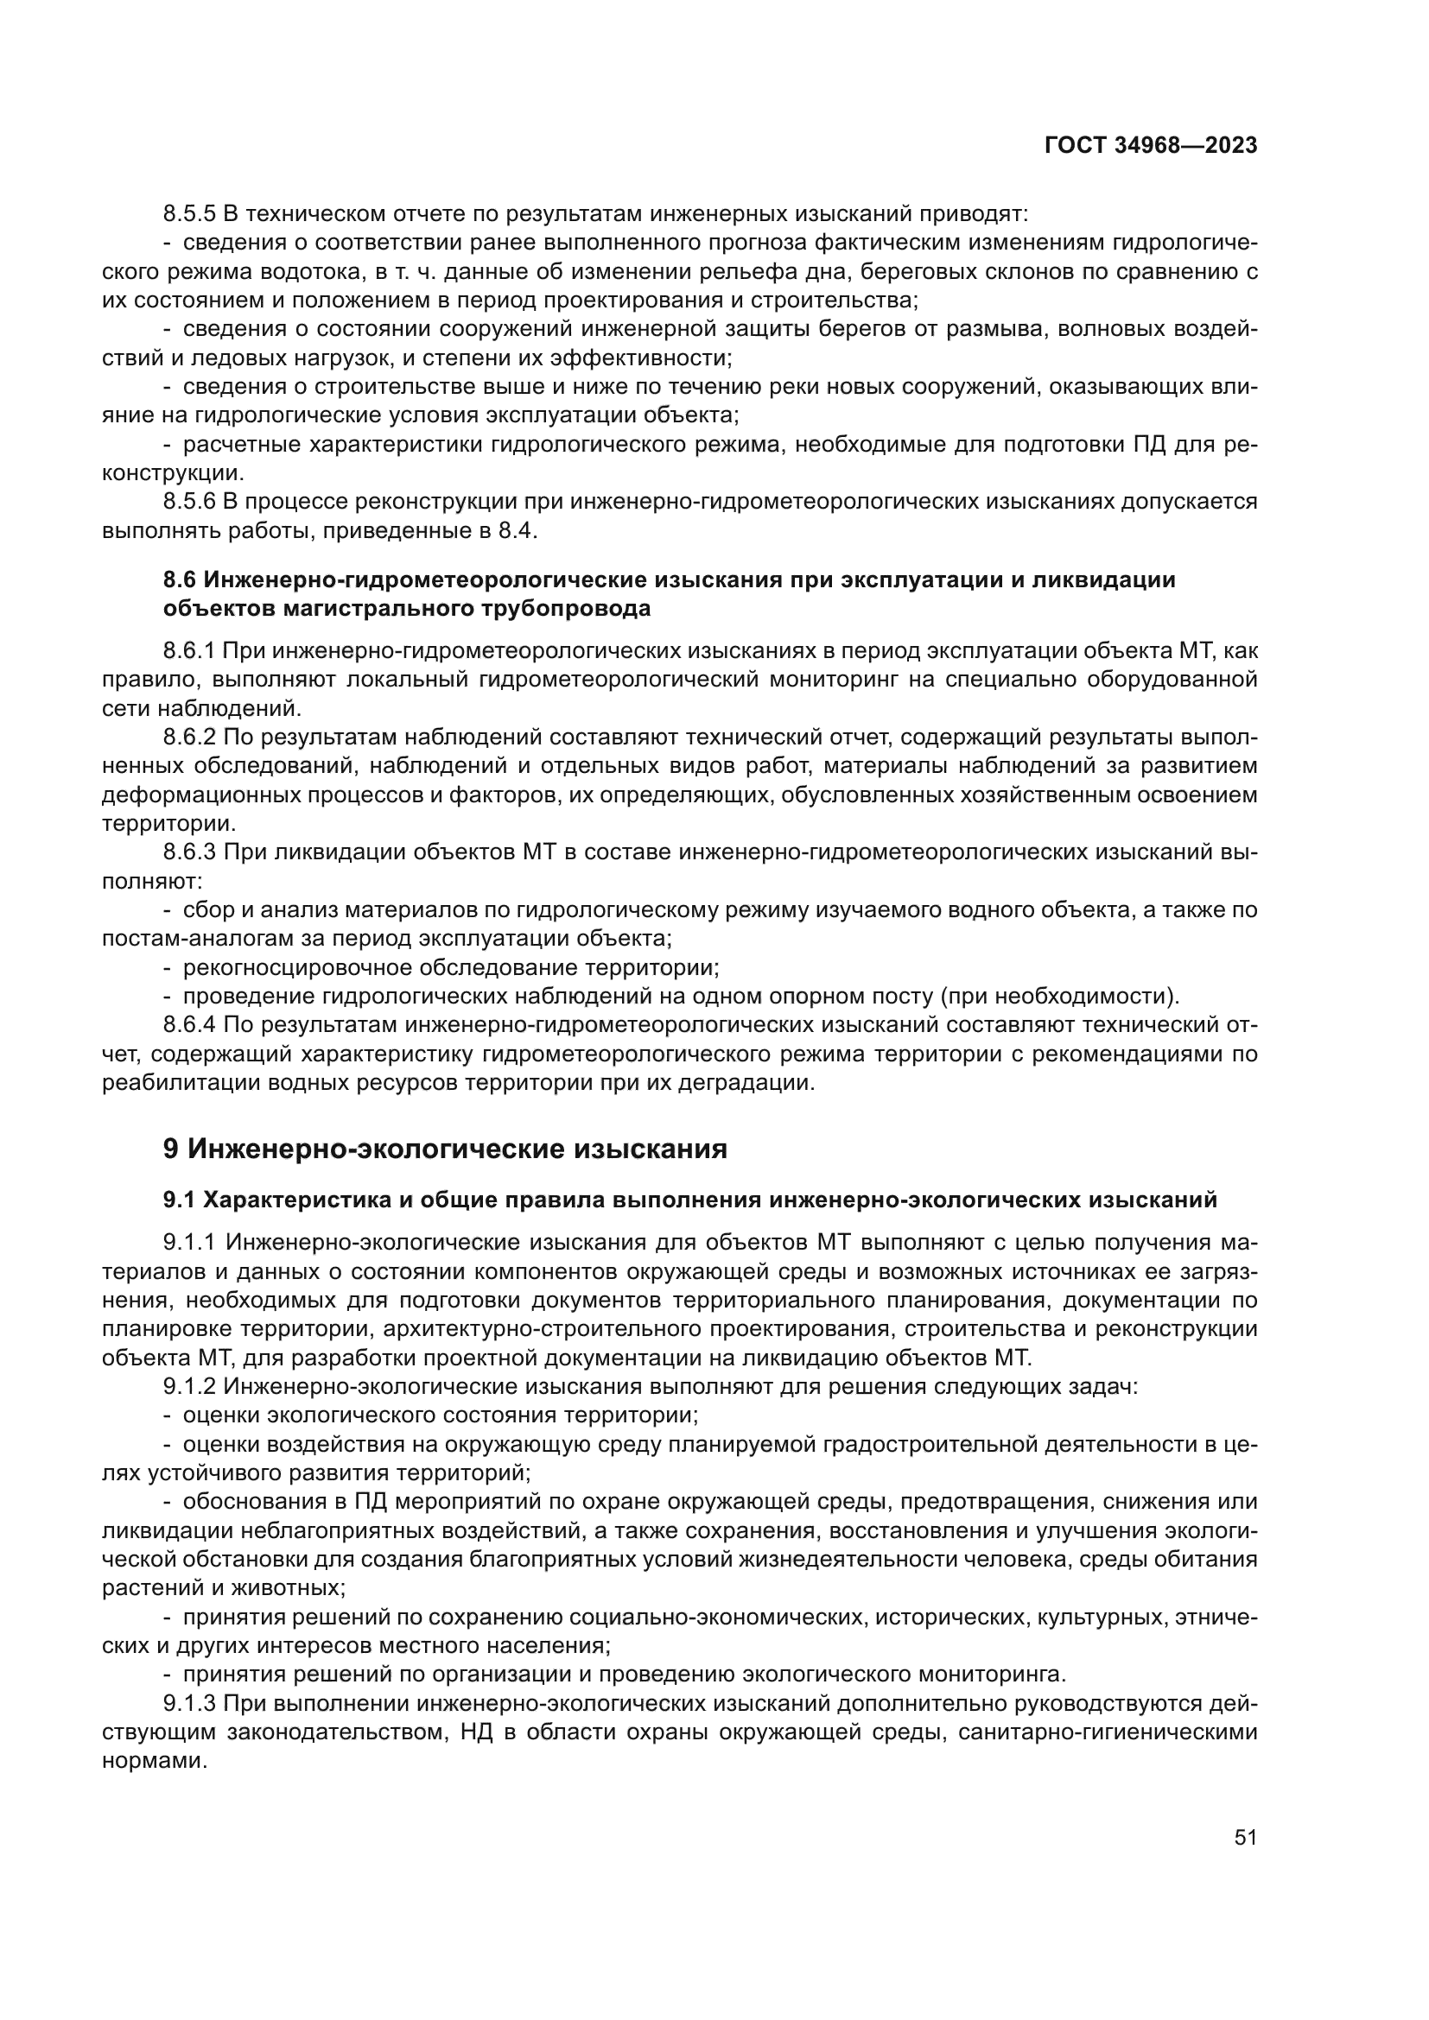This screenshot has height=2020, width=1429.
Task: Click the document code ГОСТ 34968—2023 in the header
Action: coord(1151,146)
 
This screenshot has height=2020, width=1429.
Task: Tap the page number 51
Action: coord(1245,1837)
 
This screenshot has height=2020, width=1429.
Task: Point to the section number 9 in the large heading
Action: coord(171,1149)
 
